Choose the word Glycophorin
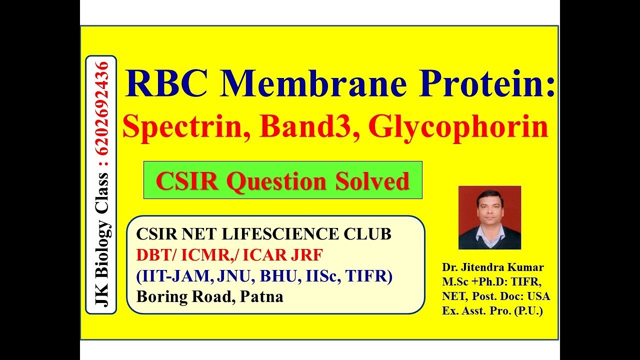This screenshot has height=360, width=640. tap(458, 127)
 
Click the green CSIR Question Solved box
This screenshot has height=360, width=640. tap(282, 180)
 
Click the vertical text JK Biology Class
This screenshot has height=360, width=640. tap(103, 240)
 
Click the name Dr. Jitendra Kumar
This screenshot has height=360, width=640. tap(492, 267)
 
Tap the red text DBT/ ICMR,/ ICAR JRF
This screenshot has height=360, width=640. tap(229, 255)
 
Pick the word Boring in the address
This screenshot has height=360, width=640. tap(161, 297)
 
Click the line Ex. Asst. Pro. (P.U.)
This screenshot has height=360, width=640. tap(492, 310)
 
